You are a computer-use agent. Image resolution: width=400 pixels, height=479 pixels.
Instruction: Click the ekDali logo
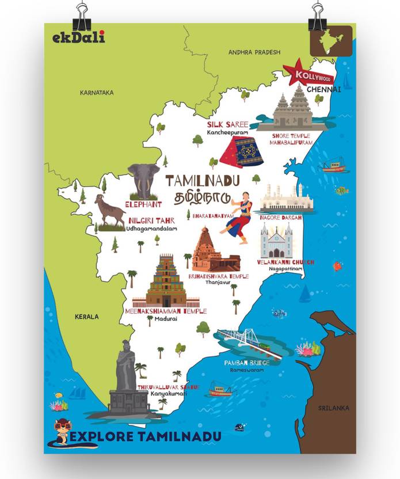tap(78, 38)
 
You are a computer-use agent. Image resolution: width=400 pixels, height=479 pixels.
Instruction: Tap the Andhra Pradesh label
tap(254, 52)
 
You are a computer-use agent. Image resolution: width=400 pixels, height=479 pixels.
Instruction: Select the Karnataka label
tap(97, 93)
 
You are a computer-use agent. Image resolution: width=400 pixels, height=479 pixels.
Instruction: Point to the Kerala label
tap(86, 317)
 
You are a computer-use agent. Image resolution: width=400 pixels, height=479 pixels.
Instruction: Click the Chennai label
tap(323, 90)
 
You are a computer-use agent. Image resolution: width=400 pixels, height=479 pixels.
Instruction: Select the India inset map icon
tap(331, 40)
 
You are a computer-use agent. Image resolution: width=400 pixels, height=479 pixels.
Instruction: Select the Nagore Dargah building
tap(286, 199)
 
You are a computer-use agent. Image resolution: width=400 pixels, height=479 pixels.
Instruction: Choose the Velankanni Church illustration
tap(276, 241)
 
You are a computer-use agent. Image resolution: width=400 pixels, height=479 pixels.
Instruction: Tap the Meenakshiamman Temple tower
tap(166, 282)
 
